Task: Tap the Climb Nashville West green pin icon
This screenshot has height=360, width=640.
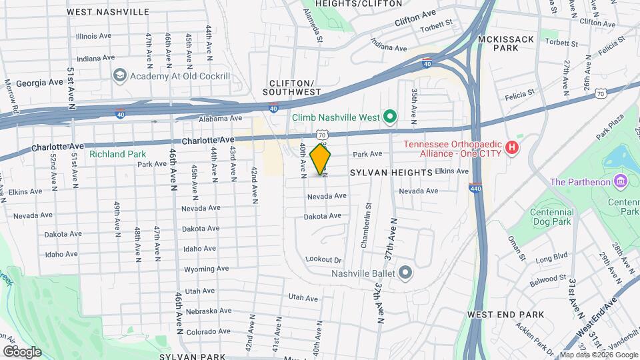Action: (390, 117)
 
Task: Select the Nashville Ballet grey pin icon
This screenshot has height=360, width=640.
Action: (405, 272)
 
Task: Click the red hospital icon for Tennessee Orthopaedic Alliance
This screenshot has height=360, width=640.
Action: (512, 147)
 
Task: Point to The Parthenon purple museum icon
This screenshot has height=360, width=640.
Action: (620, 181)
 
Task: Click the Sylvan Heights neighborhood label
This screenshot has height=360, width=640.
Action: (391, 173)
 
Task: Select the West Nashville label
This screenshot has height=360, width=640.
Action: (108, 12)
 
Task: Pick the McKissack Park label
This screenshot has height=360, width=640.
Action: (506, 44)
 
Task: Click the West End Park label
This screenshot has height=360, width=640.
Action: (506, 314)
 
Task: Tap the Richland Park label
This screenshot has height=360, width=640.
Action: (117, 154)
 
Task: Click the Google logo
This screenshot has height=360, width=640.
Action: (21, 351)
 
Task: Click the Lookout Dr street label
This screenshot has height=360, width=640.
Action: (323, 259)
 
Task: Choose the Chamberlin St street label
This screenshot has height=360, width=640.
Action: (365, 226)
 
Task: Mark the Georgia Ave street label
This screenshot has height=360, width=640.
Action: (35, 83)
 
